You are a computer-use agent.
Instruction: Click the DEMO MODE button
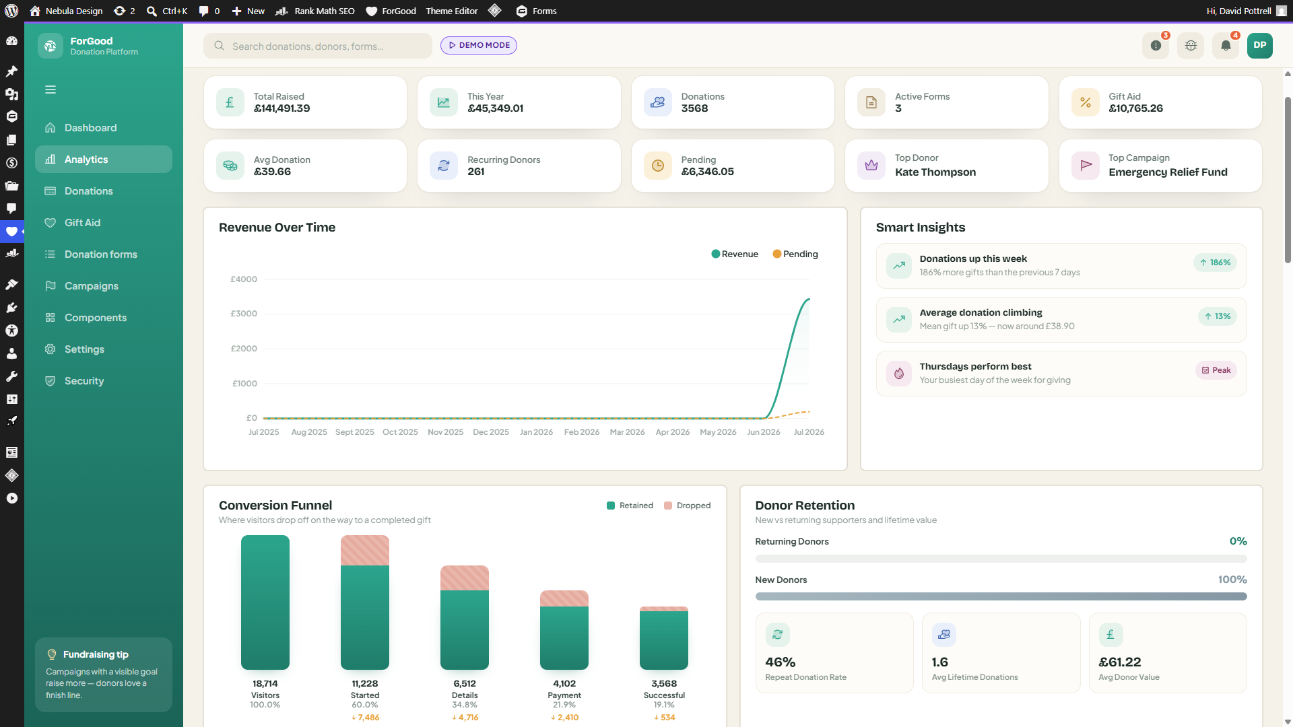(x=479, y=45)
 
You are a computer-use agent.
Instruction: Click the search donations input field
(x=318, y=46)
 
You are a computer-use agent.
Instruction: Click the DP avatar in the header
(x=1260, y=45)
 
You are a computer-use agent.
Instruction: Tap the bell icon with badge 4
(x=1226, y=45)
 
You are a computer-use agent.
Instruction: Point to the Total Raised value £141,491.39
(x=281, y=108)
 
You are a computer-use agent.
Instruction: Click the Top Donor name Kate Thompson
(x=935, y=172)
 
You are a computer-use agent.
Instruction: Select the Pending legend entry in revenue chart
(x=795, y=254)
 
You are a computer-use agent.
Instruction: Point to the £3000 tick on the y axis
(x=244, y=314)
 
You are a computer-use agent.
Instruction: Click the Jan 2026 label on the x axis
(x=536, y=432)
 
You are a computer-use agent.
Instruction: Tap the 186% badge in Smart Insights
(x=1215, y=263)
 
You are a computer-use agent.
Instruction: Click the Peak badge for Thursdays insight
(x=1216, y=370)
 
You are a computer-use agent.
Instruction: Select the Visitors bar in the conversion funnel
(x=265, y=602)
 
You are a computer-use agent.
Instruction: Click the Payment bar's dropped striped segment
(x=564, y=598)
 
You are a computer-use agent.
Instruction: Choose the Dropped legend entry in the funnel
(x=687, y=506)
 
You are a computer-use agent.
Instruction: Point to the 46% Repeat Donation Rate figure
(x=781, y=662)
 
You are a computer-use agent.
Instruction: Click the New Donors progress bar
(x=1001, y=596)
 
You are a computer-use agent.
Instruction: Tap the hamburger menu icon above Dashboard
(x=51, y=90)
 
